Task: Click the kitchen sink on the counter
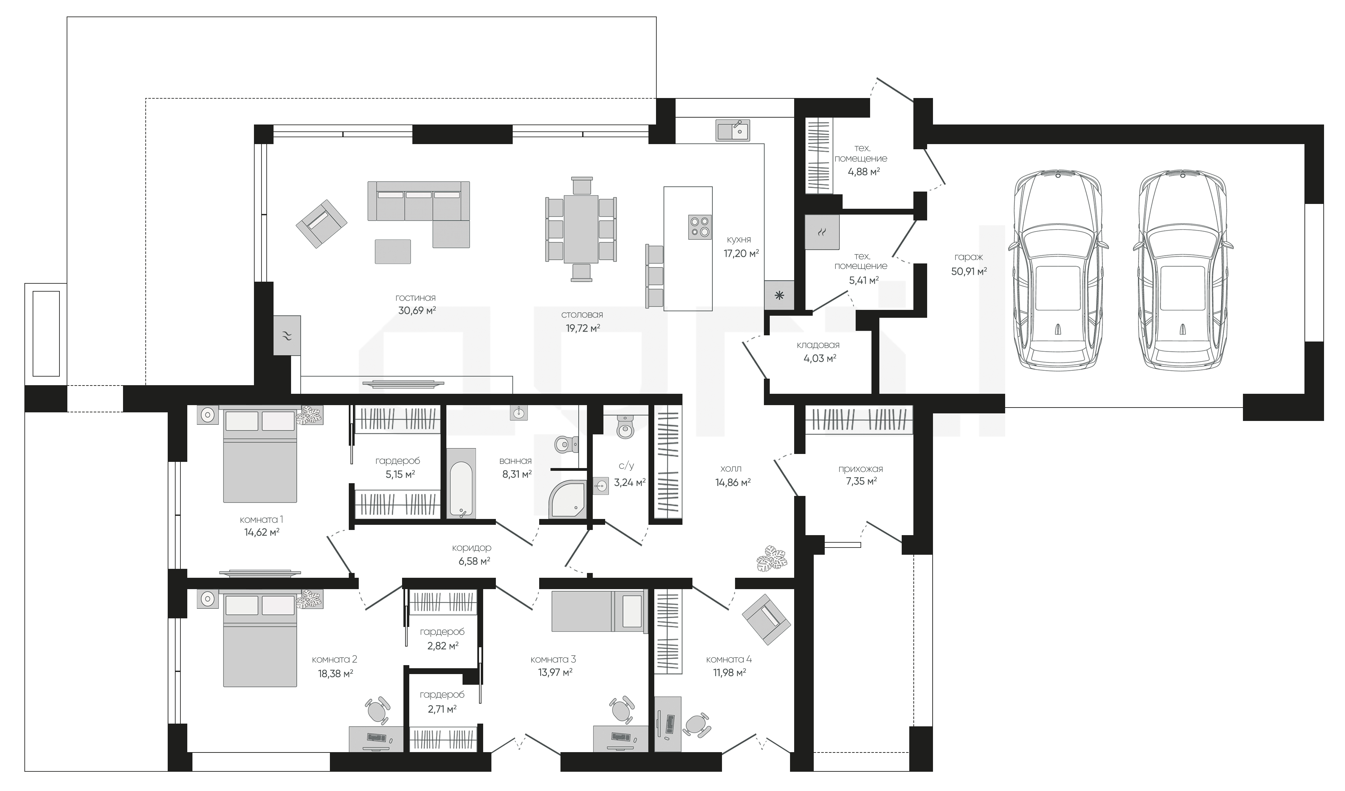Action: (733, 130)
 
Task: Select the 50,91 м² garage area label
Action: (969, 271)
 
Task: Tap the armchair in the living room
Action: (321, 223)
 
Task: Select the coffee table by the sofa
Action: (392, 251)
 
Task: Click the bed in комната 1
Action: (259, 455)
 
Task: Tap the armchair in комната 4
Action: (765, 618)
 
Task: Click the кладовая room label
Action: (818, 345)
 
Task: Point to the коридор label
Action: (471, 548)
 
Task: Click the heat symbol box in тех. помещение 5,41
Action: (822, 232)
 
